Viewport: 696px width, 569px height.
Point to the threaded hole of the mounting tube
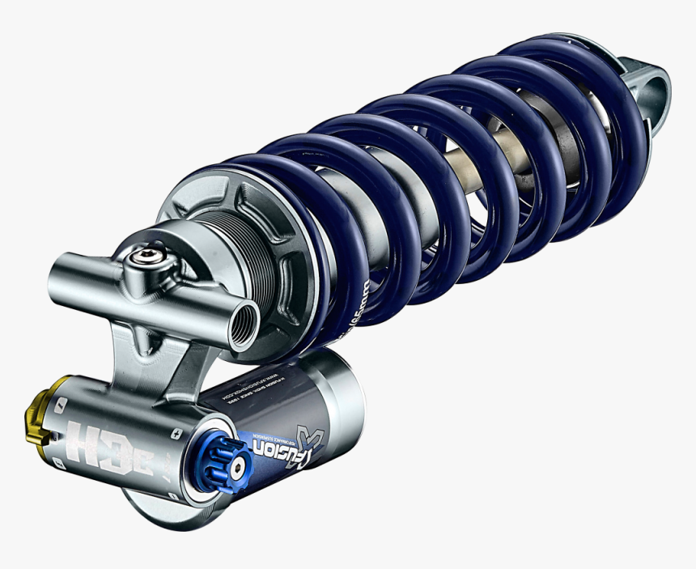pos(242,324)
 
